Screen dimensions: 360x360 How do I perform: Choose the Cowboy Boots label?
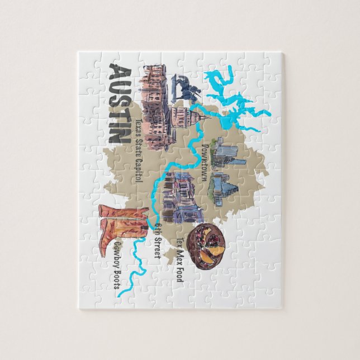119,268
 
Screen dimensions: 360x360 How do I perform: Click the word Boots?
119,282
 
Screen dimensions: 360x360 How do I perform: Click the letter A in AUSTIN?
120,73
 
